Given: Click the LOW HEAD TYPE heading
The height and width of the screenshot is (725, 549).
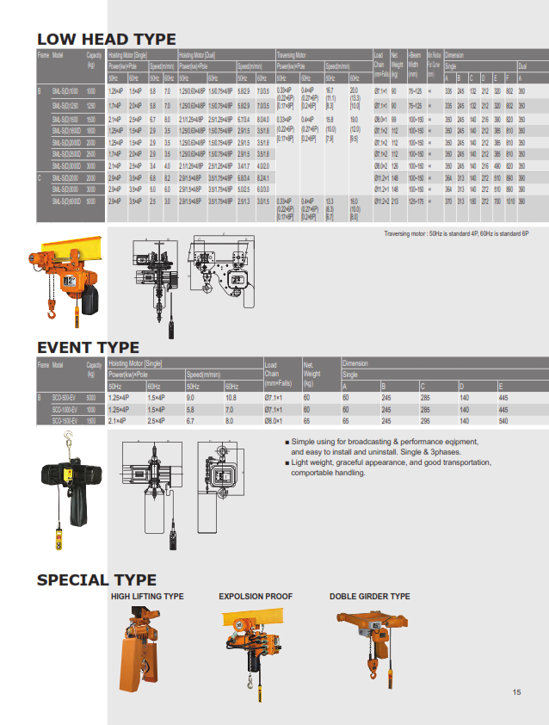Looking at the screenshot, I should pyautogui.click(x=106, y=39).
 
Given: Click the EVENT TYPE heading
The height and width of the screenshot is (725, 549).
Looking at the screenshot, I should pyautogui.click(x=88, y=347).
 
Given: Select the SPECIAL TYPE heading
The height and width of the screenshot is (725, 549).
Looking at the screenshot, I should pyautogui.click(x=96, y=579).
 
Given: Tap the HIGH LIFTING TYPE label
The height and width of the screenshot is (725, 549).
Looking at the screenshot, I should pyautogui.click(x=147, y=596).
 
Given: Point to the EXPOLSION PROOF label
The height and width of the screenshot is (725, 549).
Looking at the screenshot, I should pyautogui.click(x=256, y=596).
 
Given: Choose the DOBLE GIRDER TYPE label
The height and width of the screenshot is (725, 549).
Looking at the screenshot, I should pyautogui.click(x=370, y=596).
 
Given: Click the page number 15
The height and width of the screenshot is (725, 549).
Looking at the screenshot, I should pyautogui.click(x=516, y=692).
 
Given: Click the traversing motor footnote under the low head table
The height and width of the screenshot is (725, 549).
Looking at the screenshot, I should pyautogui.click(x=456, y=232).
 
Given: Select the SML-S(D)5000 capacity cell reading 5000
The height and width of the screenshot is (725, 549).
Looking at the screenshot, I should pyautogui.click(x=91, y=201).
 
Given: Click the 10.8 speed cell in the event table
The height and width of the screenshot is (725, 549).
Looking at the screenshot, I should pyautogui.click(x=231, y=398).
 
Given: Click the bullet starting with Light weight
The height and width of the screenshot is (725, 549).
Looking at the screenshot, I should pyautogui.click(x=392, y=468).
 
